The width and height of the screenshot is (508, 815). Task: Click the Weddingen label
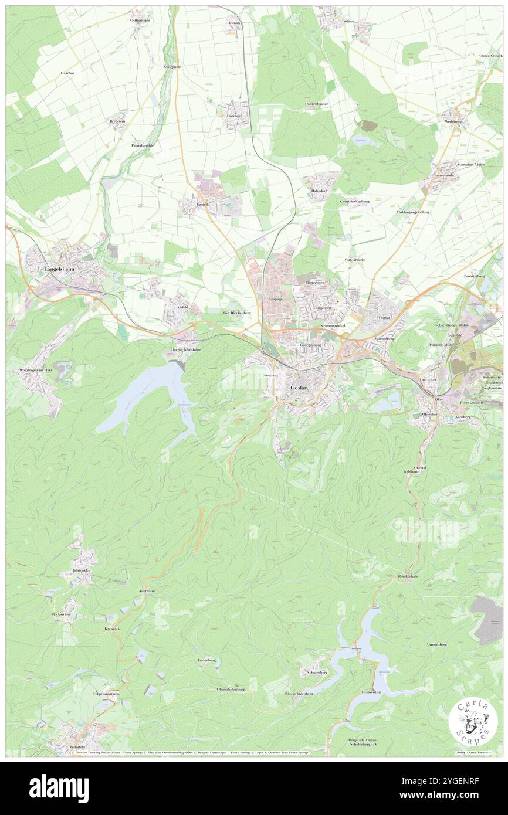tap(453, 121)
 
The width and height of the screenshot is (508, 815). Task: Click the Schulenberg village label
tap(317, 672)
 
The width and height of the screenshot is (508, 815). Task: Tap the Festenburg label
tap(207, 660)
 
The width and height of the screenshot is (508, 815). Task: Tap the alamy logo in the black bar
tap(59, 789)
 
